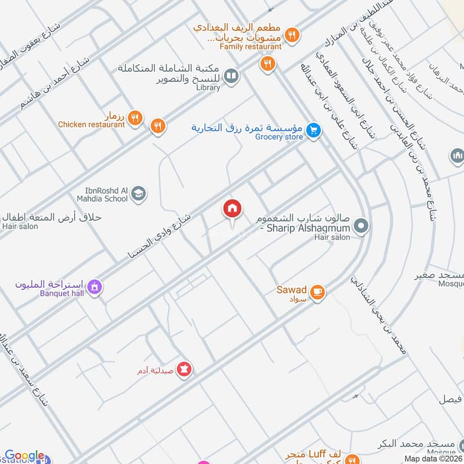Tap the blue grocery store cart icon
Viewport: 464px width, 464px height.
314,130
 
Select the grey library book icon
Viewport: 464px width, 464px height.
231,76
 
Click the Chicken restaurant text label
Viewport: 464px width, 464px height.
91,124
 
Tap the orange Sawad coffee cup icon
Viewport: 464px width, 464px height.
317,292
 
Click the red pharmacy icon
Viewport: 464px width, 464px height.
184,368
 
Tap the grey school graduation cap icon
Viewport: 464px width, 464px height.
138,194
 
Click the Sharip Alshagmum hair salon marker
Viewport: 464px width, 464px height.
361,226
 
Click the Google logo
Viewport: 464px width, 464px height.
24,456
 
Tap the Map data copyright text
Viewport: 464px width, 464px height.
433,459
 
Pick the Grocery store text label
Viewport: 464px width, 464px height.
279,137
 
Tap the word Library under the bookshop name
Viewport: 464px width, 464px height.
208,88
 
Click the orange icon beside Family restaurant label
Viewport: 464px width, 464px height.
293,35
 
